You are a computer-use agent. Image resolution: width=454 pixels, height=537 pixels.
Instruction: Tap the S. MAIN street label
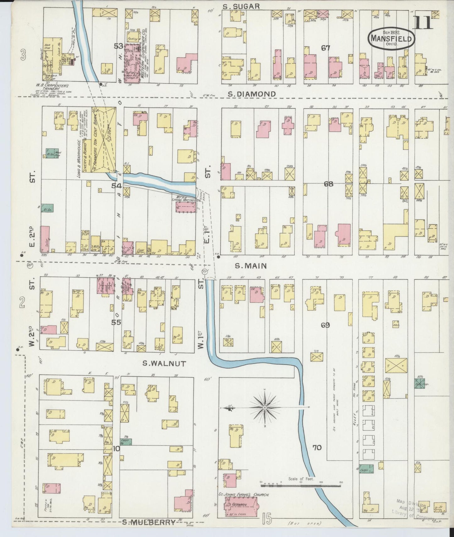tap(251, 266)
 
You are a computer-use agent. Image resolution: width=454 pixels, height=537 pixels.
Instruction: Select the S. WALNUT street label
tap(164, 364)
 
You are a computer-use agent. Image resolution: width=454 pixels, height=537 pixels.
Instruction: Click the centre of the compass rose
tap(265, 408)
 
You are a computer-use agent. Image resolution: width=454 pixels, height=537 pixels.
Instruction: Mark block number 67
tap(325, 48)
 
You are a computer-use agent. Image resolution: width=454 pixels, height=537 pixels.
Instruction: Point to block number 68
tap(328, 184)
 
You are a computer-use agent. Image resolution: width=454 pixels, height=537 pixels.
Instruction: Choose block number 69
tap(325, 325)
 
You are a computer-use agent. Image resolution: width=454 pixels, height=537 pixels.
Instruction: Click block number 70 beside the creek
tap(317, 447)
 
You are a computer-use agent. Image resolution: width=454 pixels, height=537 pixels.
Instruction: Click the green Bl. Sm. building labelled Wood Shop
tap(50, 153)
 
